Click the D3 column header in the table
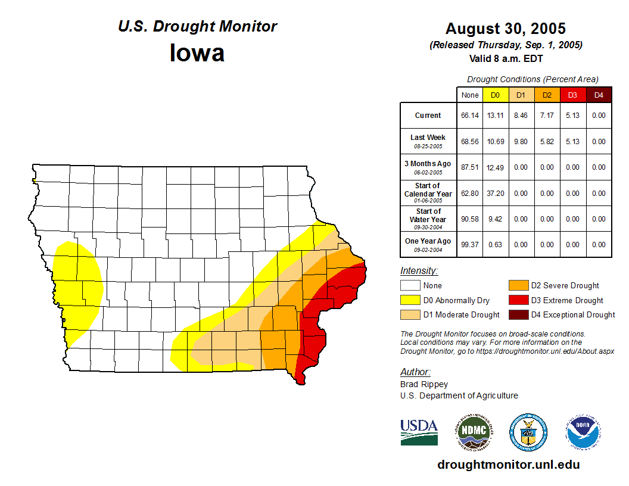click(x=572, y=95)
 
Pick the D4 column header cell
click(x=599, y=95)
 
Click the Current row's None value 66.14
click(x=470, y=116)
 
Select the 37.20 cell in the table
click(x=495, y=194)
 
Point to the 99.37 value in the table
click(x=470, y=245)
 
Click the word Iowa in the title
click(x=197, y=52)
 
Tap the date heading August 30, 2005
click(x=506, y=29)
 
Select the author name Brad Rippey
click(x=424, y=384)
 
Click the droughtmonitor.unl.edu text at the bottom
click(x=508, y=465)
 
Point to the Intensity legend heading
click(x=419, y=271)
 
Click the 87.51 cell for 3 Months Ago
click(x=470, y=167)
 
